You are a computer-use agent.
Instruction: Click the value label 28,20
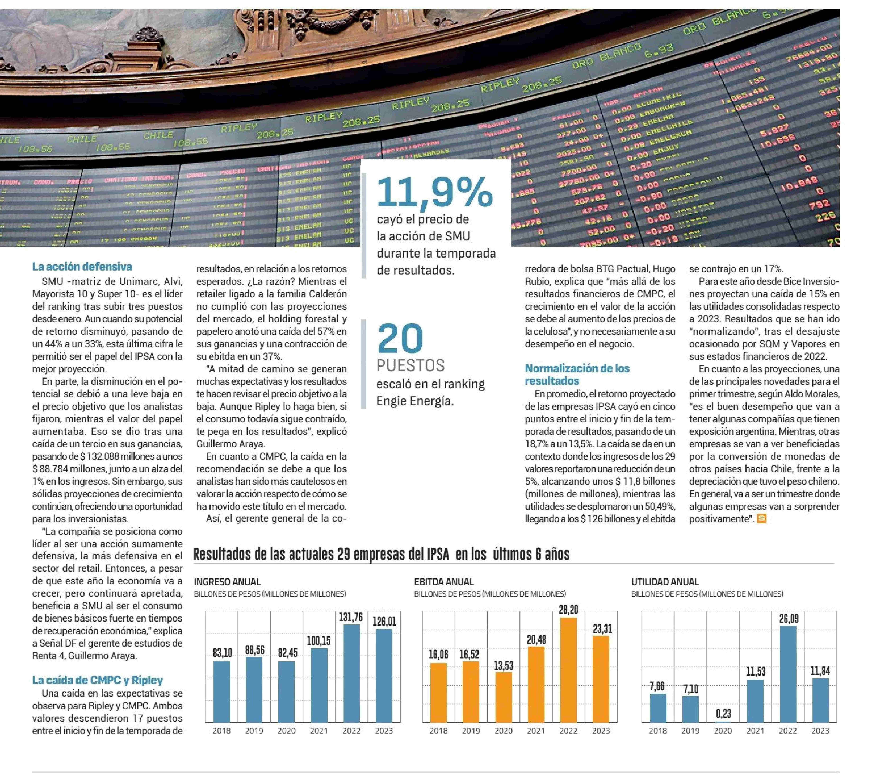click(x=568, y=609)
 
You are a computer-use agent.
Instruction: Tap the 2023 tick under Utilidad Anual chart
click(x=820, y=731)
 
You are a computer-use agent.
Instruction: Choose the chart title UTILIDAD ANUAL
click(x=665, y=582)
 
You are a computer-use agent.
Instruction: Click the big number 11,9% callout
click(x=435, y=192)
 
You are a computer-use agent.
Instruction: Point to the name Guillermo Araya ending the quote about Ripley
click(x=230, y=444)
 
